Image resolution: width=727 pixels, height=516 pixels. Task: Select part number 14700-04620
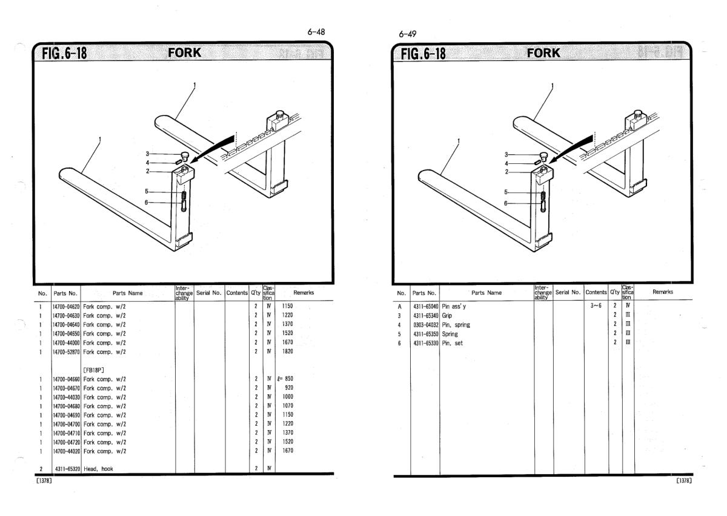66,307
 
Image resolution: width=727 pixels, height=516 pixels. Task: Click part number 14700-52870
66,350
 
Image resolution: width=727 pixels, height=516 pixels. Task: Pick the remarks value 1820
287,350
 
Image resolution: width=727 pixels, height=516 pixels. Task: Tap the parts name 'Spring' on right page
450,333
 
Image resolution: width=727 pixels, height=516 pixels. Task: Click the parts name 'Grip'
447,316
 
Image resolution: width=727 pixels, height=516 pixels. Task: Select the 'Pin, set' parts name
451,342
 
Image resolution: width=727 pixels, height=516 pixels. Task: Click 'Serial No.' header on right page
568,293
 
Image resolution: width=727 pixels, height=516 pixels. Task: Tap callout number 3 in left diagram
147,154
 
